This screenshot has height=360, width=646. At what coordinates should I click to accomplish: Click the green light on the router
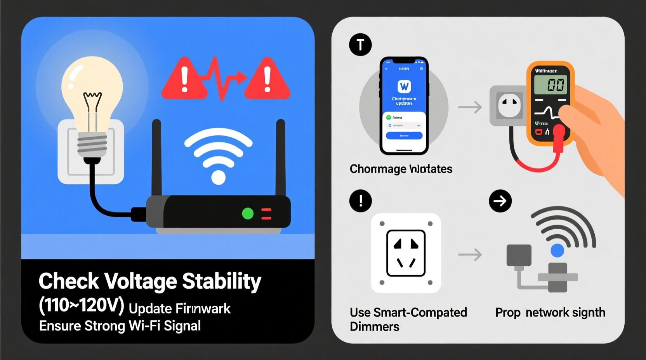[248, 213]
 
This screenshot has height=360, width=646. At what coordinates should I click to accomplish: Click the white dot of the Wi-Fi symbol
[218, 177]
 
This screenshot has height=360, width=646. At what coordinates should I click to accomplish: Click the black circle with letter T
[360, 45]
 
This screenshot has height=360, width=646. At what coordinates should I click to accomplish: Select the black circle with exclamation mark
[360, 201]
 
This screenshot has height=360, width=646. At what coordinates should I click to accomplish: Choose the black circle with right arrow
[500, 201]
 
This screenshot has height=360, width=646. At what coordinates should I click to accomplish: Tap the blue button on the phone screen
[404, 135]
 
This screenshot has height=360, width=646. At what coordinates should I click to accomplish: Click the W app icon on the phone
[404, 86]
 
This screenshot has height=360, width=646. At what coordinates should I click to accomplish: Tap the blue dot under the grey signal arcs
[557, 250]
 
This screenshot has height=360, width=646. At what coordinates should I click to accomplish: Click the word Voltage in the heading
[141, 281]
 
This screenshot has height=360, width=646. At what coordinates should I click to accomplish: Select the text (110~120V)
[81, 306]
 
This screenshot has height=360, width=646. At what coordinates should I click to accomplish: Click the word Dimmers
[374, 327]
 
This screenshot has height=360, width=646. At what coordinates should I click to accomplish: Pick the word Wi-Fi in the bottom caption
[144, 326]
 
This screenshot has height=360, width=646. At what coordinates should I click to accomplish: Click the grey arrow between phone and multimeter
[470, 107]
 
